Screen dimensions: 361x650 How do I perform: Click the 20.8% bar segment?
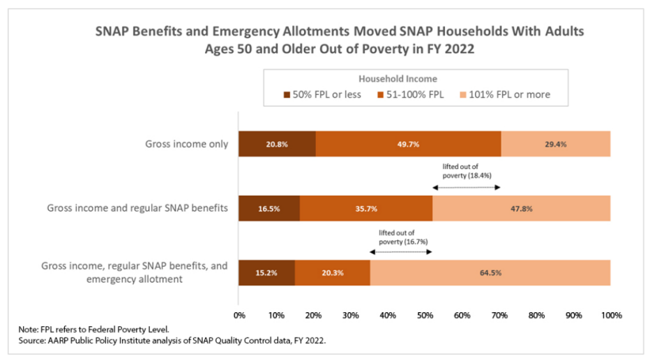(277, 144)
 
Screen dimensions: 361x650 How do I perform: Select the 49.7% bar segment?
(409, 144)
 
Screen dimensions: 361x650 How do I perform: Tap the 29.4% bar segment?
(556, 144)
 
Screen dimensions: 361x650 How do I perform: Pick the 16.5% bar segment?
(269, 208)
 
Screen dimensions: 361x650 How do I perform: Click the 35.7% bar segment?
(366, 208)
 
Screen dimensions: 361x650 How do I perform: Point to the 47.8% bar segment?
(522, 208)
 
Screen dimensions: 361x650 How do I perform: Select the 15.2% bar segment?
(266, 272)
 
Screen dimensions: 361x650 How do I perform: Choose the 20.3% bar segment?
(333, 272)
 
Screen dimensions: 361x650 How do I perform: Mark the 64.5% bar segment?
(490, 272)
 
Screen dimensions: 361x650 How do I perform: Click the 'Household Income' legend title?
(398, 79)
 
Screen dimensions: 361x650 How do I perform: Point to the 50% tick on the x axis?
(425, 316)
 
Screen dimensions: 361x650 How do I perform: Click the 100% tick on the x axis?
(611, 316)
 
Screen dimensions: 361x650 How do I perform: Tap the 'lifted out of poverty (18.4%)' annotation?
(467, 172)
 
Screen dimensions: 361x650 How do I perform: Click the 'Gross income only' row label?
(187, 145)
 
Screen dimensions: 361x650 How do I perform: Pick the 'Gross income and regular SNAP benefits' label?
(137, 208)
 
